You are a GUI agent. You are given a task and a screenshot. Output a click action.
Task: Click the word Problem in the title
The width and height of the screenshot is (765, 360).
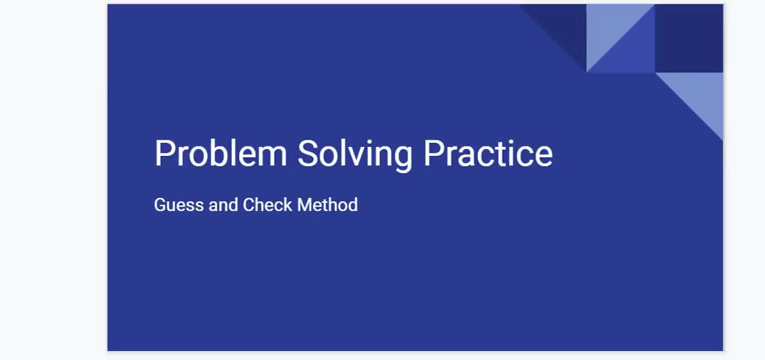click(220, 153)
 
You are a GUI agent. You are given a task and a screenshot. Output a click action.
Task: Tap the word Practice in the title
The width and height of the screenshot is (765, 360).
click(488, 153)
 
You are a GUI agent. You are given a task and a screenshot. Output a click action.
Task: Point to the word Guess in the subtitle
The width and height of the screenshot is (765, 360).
click(179, 205)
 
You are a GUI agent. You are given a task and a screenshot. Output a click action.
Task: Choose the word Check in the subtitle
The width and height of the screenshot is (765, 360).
click(267, 205)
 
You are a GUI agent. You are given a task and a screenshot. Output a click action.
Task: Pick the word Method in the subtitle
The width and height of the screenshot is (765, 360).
click(328, 205)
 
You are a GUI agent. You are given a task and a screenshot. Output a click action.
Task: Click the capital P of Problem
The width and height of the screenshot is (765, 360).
click(164, 153)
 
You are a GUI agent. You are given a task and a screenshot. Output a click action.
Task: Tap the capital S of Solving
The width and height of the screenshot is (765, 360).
click(308, 153)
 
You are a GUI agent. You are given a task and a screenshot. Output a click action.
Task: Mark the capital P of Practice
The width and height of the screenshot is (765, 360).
click(433, 153)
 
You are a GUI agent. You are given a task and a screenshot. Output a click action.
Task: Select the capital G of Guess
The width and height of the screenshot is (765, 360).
click(161, 205)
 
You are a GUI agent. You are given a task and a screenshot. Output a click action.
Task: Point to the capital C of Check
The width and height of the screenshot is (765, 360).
click(249, 205)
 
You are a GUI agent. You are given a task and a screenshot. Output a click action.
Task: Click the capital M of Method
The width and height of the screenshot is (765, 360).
click(305, 205)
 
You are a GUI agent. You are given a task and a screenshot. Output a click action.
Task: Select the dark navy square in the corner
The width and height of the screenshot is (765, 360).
click(689, 38)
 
